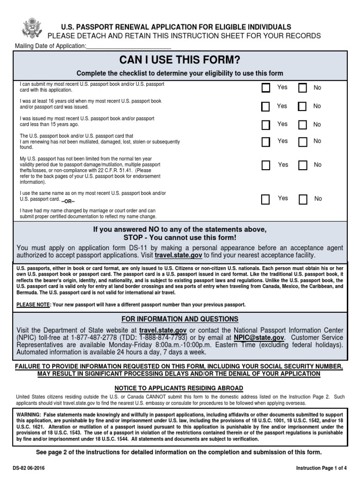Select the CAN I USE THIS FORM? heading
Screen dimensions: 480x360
[x=180, y=60]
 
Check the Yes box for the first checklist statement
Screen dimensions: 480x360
[x=266, y=88]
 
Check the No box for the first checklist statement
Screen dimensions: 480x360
[x=303, y=88]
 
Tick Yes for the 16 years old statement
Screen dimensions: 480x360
[x=266, y=107]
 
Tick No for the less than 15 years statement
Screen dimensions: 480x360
[x=303, y=125]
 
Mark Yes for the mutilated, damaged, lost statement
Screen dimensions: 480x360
[x=266, y=142]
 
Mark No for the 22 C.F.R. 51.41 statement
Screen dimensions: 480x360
[x=303, y=165]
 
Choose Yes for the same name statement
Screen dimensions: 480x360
[x=266, y=199]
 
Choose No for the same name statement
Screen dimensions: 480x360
[x=303, y=199]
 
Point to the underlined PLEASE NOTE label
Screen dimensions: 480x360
[x=33, y=305]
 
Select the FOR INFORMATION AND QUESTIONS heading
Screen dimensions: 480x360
[x=180, y=319]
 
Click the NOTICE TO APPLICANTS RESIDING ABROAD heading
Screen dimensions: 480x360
[x=180, y=388]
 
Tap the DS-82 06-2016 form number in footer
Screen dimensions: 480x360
[x=30, y=468]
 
